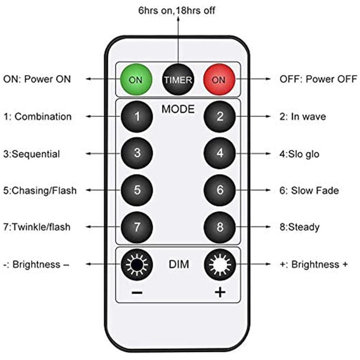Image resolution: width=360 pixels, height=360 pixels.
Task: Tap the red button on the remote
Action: click(219, 80)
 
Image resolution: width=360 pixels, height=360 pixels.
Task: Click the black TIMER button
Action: click(178, 80)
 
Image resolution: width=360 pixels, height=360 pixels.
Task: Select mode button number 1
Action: click(137, 117)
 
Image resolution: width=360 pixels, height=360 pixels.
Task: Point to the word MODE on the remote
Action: click(178, 109)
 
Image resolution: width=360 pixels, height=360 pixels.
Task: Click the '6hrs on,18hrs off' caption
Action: click(176, 10)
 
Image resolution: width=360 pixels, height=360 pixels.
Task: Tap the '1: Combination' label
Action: click(38, 117)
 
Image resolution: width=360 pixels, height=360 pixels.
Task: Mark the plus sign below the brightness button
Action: click(220, 293)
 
